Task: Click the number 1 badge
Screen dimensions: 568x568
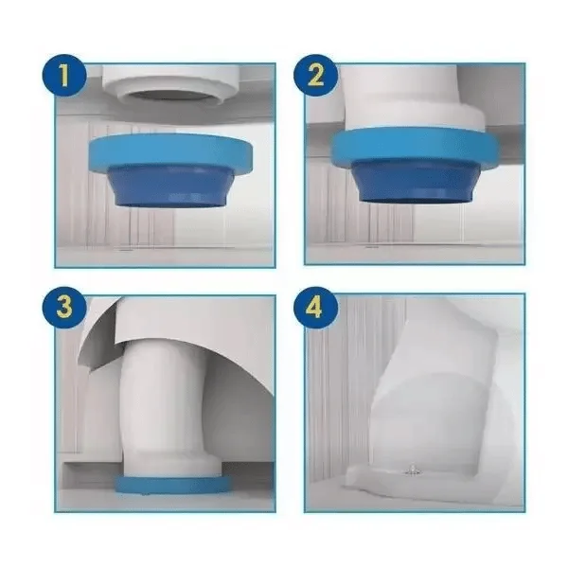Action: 65,75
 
